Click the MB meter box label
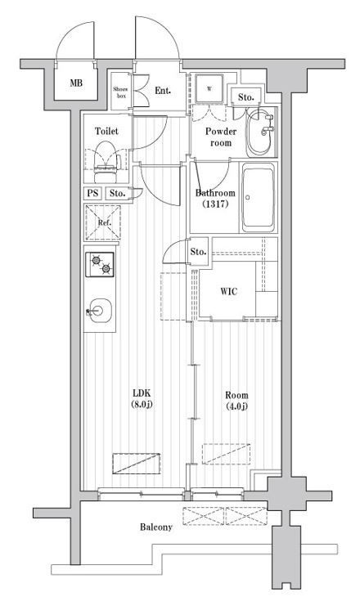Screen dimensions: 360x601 point(76,83)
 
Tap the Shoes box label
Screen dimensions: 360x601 point(120,92)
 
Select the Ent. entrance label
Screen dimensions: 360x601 point(163,91)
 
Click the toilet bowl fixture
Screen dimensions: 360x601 point(106,162)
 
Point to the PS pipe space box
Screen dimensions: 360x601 point(92,193)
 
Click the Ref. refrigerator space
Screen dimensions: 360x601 point(103,222)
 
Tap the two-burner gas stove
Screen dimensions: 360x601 point(99,264)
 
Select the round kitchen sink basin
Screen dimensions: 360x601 point(99,311)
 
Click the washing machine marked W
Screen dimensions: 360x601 point(209,88)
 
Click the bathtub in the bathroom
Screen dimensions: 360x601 point(259,197)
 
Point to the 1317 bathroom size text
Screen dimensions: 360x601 point(215,204)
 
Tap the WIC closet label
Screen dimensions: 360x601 point(228,291)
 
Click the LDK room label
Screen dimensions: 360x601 point(142,392)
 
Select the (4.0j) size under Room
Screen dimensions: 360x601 point(236,406)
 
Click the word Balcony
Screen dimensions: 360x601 point(156,527)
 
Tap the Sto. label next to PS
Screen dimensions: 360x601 point(117,193)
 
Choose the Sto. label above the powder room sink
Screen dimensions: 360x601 point(245,97)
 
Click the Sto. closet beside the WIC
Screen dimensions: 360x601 point(198,252)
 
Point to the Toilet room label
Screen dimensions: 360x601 point(106,131)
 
